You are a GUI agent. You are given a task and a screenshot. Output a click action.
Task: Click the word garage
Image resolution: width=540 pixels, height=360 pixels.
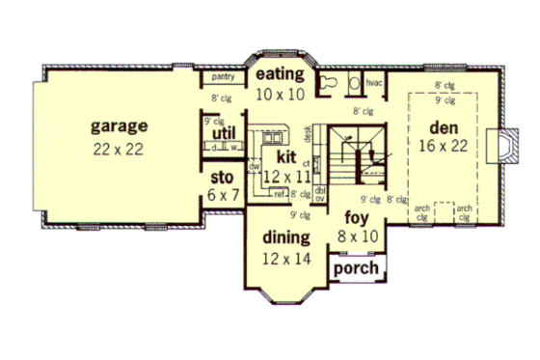(x=120, y=125)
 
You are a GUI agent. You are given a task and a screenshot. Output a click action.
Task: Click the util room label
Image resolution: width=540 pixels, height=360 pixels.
(x=223, y=133)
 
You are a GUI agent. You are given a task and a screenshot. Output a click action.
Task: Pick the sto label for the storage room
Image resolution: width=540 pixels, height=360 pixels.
(x=223, y=177)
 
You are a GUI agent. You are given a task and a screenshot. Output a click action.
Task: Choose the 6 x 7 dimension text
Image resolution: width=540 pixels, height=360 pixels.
(x=223, y=194)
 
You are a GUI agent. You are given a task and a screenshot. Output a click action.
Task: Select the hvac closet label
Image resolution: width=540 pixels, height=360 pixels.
(x=375, y=83)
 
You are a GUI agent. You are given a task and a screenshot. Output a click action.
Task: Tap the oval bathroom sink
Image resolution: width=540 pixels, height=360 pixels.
(x=354, y=84)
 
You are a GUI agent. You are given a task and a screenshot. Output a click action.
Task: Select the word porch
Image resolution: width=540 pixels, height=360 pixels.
(x=356, y=267)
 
